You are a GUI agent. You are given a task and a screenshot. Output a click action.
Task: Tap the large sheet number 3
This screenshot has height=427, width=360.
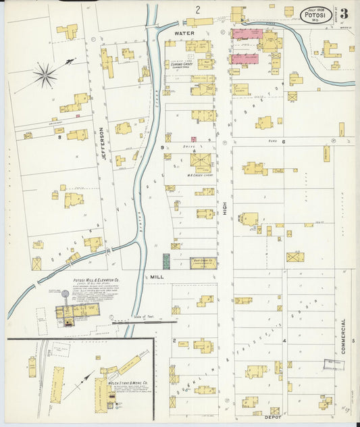(344, 14)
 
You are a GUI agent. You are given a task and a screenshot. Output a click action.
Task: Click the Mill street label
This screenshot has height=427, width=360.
(157, 276)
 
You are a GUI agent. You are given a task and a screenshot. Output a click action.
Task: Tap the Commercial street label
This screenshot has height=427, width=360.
(343, 336)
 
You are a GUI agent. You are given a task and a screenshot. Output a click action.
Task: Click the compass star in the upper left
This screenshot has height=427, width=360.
(45, 75)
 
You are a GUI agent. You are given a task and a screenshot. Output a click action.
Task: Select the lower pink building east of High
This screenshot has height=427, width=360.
(246, 59)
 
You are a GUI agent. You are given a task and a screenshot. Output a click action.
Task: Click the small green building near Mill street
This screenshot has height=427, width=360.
(166, 261)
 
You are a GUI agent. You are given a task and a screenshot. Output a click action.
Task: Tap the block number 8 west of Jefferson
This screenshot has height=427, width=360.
(59, 136)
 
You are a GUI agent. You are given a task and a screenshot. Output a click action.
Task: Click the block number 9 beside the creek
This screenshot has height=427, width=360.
(162, 147)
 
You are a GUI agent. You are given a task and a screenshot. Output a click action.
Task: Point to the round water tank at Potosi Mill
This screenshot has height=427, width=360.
(65, 294)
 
